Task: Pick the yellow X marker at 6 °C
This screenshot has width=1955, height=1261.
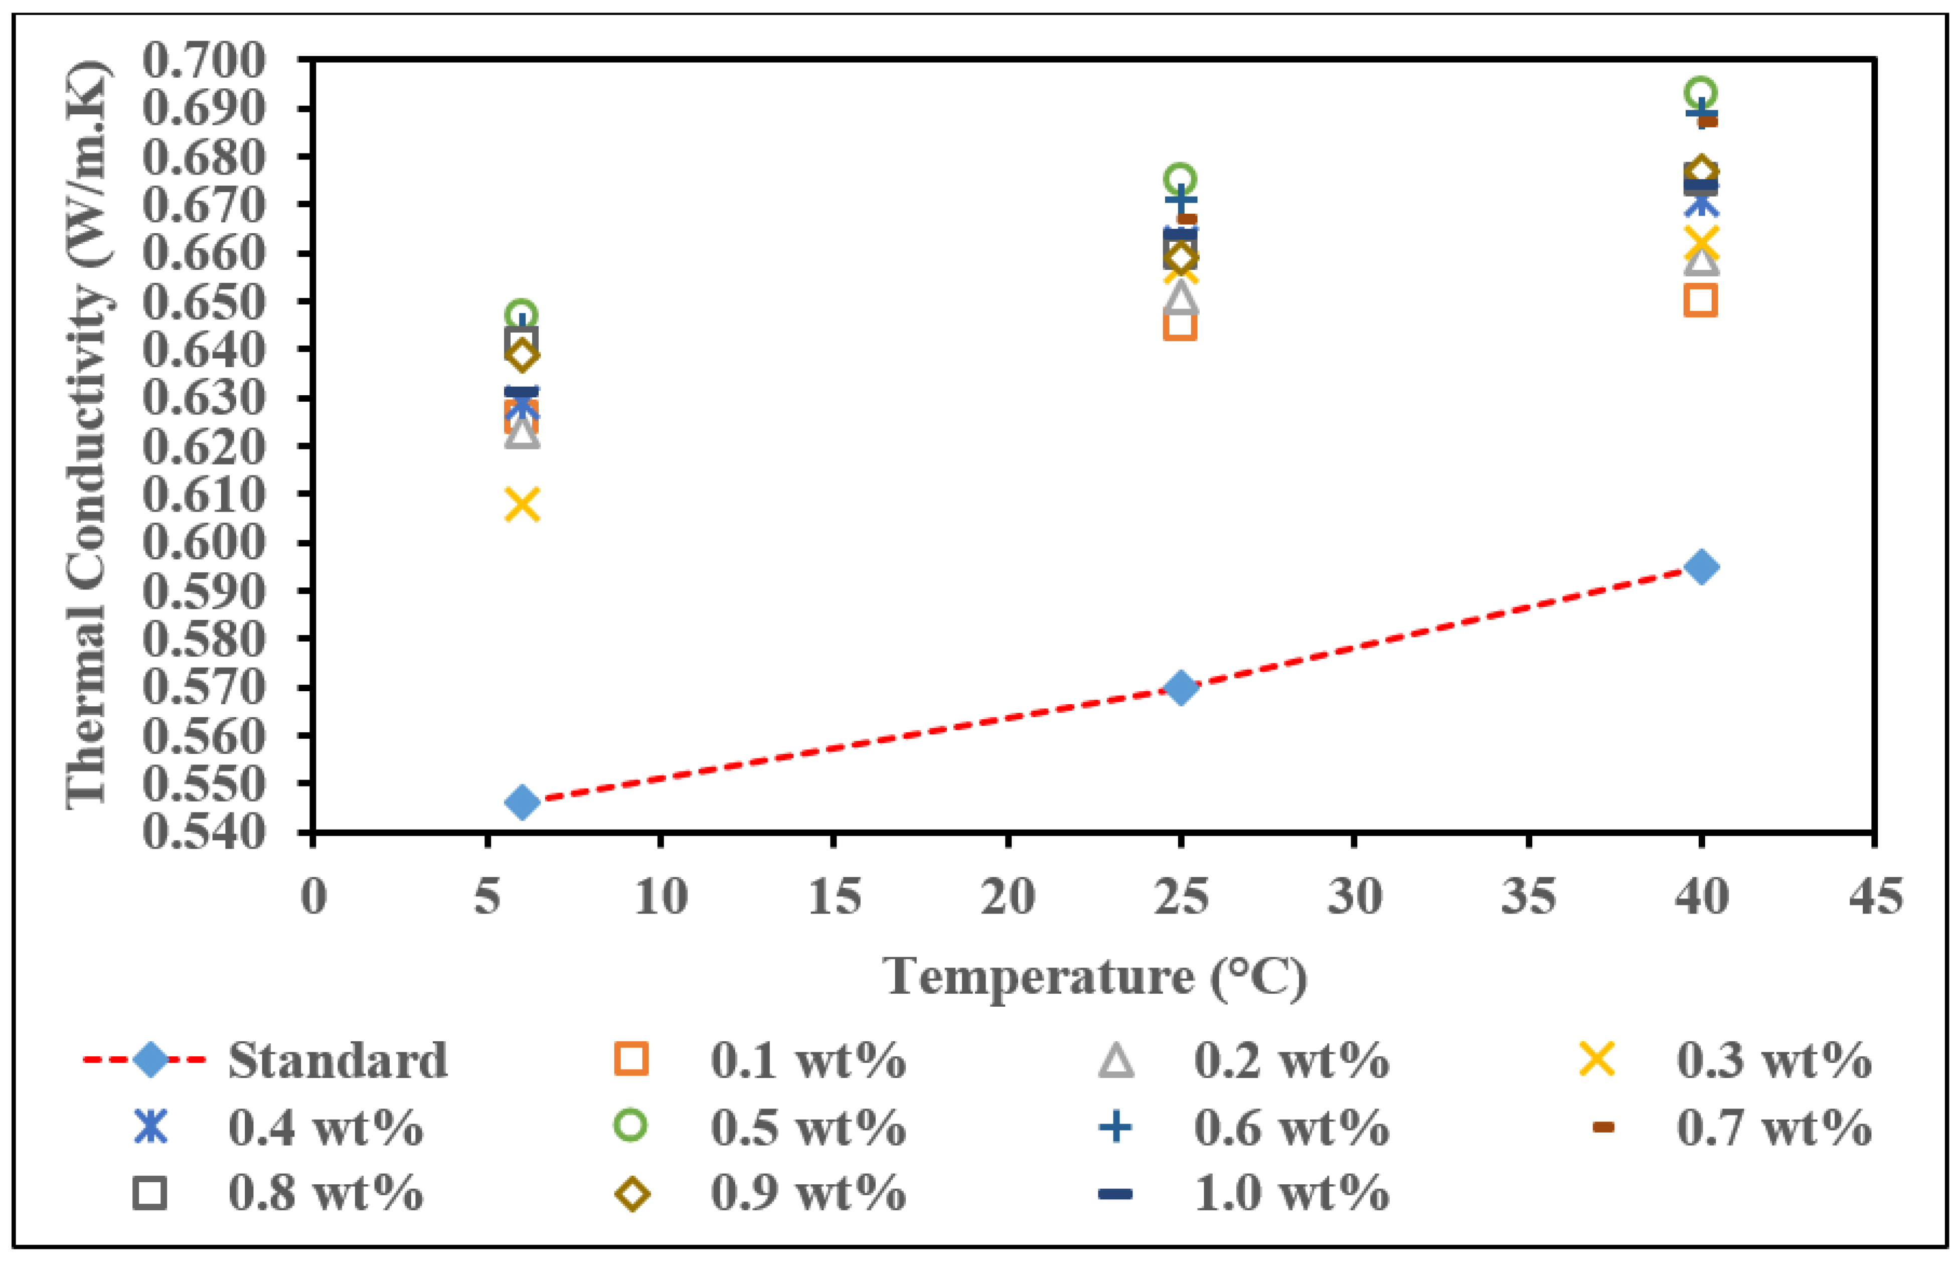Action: (x=522, y=505)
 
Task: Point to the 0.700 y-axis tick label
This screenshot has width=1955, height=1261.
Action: (x=205, y=61)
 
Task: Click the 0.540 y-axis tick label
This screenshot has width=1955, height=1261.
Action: (x=205, y=832)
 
